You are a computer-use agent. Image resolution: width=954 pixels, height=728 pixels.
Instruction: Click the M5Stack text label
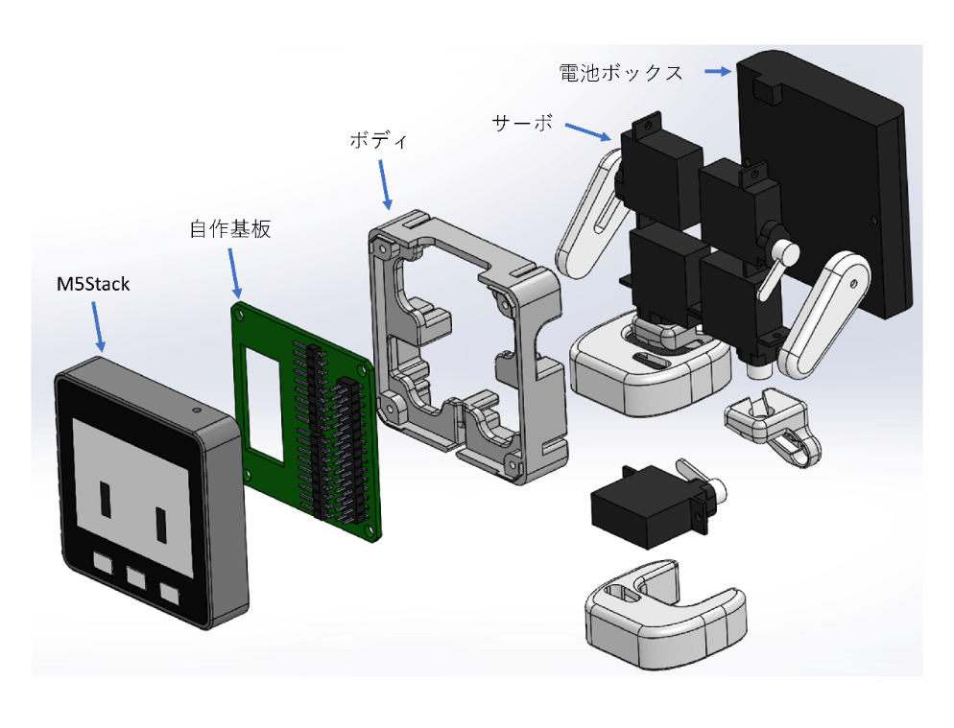point(92,284)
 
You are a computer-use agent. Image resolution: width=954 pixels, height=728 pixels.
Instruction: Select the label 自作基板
point(229,229)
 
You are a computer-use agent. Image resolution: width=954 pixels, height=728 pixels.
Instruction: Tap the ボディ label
point(378,140)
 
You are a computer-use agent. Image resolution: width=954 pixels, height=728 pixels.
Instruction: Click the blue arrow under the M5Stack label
point(97,325)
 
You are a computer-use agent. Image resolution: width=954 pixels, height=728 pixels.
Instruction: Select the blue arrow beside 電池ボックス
point(715,71)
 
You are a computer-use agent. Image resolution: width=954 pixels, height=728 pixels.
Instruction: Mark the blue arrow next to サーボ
point(588,130)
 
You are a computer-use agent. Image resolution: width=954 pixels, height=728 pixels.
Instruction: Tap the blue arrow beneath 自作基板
point(235,272)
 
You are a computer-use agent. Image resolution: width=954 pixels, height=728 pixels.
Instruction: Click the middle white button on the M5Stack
point(135,578)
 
